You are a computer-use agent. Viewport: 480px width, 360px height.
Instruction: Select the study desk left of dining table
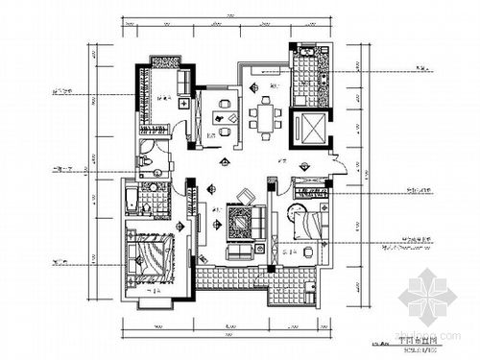pos(221,120)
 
